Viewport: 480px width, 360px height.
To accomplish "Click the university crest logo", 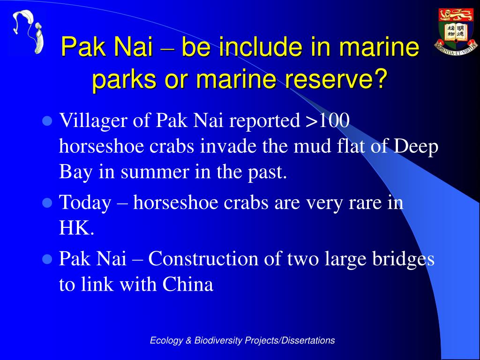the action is (456, 32).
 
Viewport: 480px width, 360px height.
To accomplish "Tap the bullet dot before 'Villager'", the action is (47, 121).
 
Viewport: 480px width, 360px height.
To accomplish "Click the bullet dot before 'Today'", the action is (47, 203).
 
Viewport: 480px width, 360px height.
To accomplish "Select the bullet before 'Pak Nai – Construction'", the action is (47, 259).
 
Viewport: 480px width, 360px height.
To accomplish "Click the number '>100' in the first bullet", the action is (328, 120).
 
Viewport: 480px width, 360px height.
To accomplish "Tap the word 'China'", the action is (187, 284).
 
